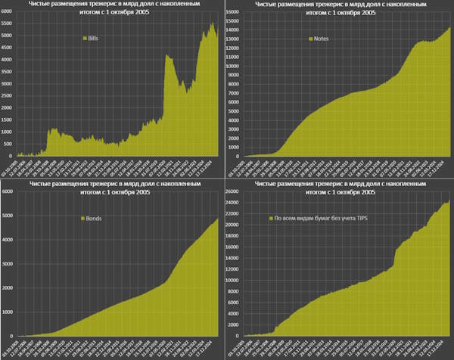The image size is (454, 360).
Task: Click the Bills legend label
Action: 94,37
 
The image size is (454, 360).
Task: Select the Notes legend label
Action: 320,37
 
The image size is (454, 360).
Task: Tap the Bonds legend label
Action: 95,219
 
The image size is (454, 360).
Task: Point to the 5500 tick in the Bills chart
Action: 8,24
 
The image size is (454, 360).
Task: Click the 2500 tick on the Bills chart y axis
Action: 8,95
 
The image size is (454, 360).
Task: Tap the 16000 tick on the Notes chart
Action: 235,13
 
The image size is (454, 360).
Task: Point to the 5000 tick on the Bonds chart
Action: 8,216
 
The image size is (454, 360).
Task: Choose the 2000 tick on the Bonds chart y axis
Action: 8,288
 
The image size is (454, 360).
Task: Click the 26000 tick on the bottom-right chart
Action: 234,192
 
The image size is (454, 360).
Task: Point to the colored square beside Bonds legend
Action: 82,219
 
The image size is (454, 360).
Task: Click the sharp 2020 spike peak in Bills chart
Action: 166,54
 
